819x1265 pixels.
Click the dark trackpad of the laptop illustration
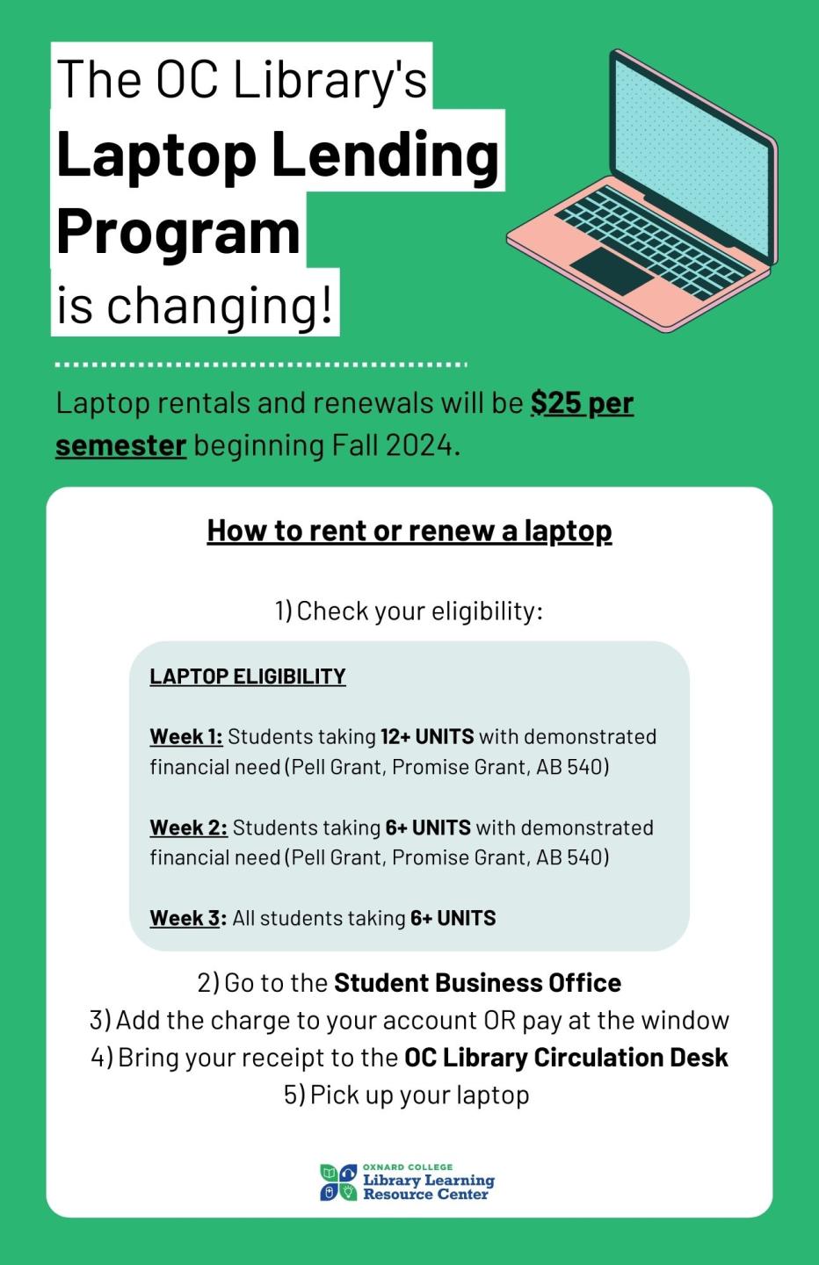[x=612, y=271]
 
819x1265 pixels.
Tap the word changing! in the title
[x=221, y=305]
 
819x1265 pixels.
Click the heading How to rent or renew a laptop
[x=409, y=531]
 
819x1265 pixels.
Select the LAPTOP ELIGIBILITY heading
[x=248, y=676]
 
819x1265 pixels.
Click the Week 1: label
[x=186, y=737]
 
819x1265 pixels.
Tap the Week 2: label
[x=188, y=828]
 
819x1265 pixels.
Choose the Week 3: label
[x=188, y=918]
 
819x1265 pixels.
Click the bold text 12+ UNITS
[x=427, y=736]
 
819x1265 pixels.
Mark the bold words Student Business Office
[x=477, y=982]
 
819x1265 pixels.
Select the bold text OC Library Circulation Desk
[x=566, y=1058]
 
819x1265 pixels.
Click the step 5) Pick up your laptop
[x=407, y=1095]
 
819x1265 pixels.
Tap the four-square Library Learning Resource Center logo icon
[x=338, y=1182]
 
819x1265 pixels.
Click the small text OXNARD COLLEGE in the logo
[x=408, y=1167]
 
